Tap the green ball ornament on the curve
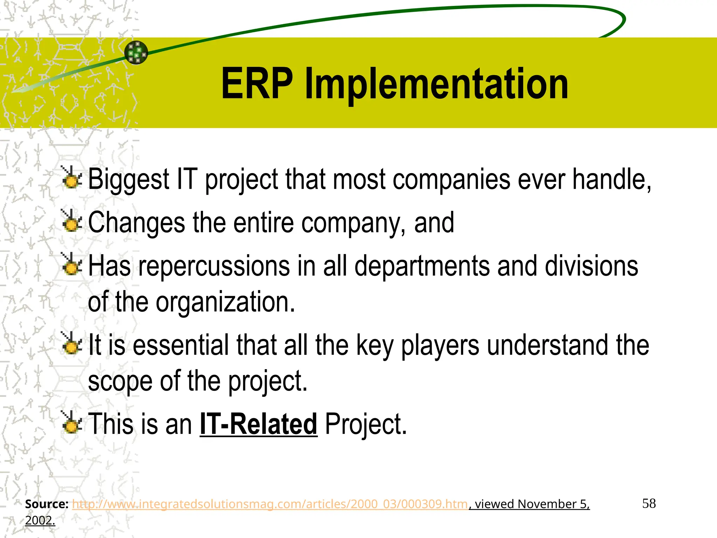[x=136, y=53]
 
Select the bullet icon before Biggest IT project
[x=72, y=178]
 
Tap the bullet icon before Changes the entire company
[x=72, y=221]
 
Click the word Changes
[x=136, y=222]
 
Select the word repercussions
[x=214, y=266]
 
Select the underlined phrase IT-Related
[x=258, y=424]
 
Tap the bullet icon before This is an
[x=72, y=423]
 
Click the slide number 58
[x=649, y=504]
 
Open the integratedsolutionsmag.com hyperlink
[x=270, y=504]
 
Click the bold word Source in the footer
[x=46, y=504]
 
